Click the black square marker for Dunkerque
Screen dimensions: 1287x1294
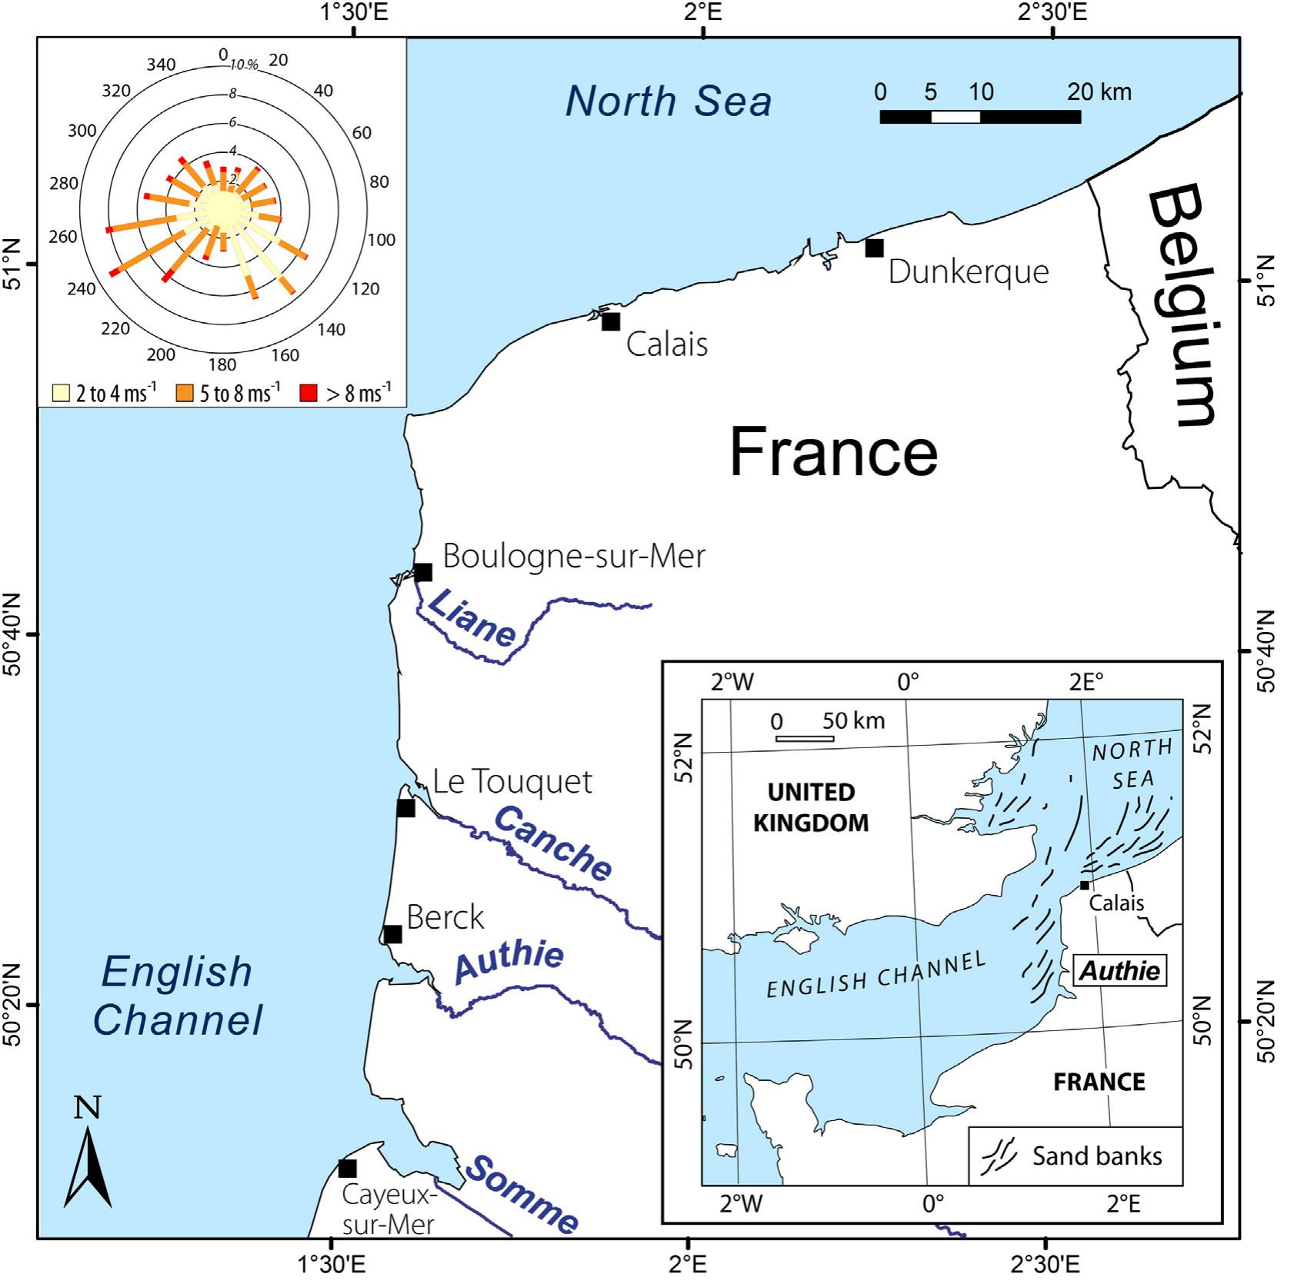point(874,248)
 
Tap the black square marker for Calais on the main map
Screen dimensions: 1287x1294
point(611,321)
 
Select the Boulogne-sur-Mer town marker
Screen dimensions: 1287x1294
point(422,572)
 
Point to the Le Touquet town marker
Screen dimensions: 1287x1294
point(405,808)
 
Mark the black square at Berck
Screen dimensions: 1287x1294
point(392,934)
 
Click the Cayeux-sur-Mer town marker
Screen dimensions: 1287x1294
point(348,1169)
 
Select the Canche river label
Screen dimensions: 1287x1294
point(552,843)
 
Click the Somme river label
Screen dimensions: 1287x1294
point(521,1193)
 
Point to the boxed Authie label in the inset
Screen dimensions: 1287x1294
point(1119,971)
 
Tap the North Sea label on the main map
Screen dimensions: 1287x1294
point(668,101)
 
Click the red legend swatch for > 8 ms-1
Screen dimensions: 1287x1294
point(308,393)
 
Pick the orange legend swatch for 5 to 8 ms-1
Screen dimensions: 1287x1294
point(185,393)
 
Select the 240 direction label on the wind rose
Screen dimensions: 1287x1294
point(82,288)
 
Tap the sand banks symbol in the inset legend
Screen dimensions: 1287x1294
point(999,1156)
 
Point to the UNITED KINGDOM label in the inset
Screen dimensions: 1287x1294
point(810,807)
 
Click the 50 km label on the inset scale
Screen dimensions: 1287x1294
point(853,720)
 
